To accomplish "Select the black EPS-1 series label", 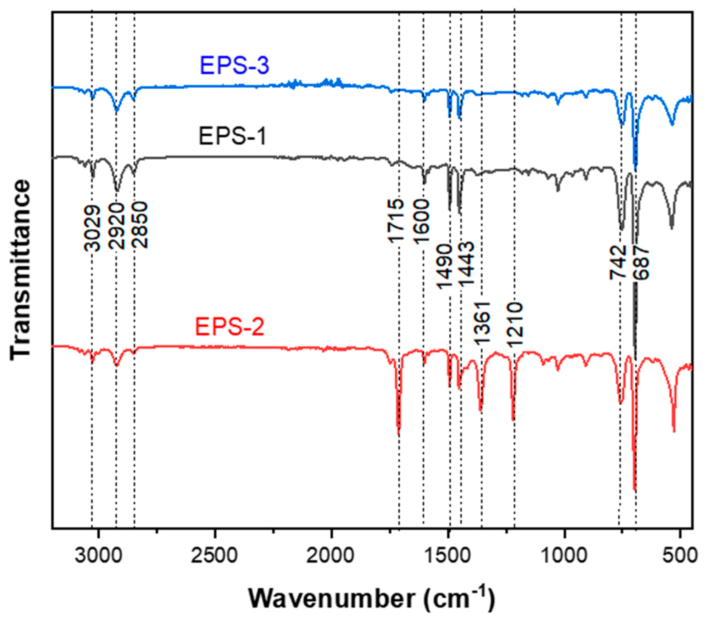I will (232, 136).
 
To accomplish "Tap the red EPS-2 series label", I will (230, 327).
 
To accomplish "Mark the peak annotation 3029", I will (92, 227).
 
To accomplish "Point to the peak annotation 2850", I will (140, 226).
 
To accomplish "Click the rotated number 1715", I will (395, 221).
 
